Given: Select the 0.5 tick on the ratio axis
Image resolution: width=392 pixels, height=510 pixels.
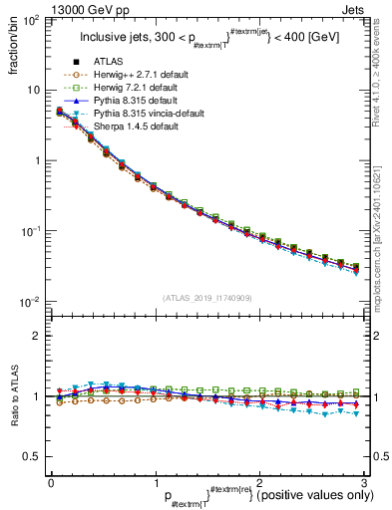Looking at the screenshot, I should point(32,456).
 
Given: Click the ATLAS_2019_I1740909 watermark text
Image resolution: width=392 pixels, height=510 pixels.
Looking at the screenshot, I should point(207,298).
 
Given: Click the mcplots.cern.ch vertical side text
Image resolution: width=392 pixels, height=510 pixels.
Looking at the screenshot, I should point(381,229).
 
